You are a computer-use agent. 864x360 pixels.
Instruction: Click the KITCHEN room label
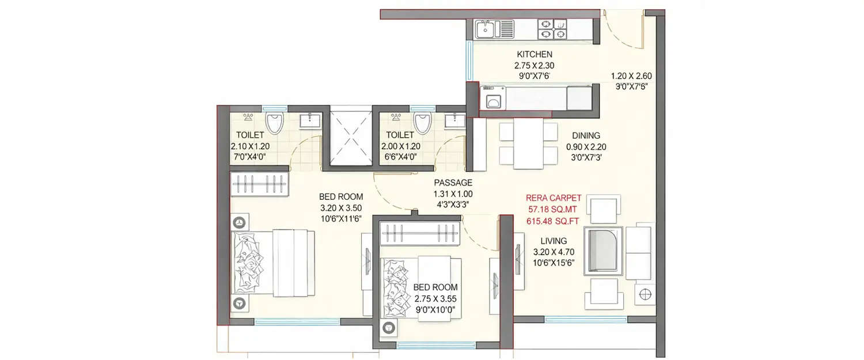[534, 55]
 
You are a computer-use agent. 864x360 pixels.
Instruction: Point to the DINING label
[586, 136]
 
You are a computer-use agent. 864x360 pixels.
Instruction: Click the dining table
[529, 144]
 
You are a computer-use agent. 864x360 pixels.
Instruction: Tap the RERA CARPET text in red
[552, 197]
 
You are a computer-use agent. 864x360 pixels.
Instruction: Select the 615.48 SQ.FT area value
[552, 220]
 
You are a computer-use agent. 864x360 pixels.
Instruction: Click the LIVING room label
[554, 241]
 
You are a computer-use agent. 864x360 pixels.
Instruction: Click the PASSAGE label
[453, 183]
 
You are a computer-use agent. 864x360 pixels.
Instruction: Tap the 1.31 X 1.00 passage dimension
[453, 194]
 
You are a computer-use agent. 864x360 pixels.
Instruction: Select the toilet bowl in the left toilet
[275, 123]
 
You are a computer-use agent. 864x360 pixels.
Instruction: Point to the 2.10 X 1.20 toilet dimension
[250, 146]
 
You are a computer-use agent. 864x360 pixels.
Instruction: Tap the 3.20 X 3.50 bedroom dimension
[340, 208]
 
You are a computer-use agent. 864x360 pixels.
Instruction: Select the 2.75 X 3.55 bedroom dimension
[435, 298]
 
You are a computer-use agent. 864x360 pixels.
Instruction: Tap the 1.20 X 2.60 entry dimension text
[631, 75]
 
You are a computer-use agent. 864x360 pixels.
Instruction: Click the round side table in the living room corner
[645, 294]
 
